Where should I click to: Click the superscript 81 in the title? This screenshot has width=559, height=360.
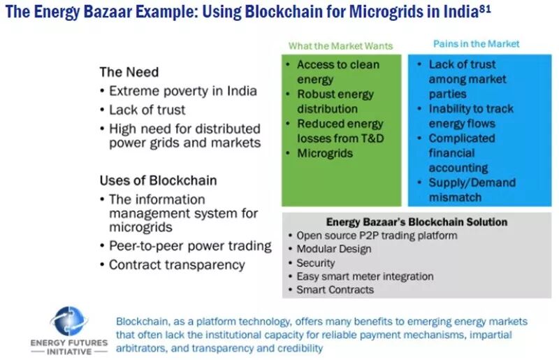pyautogui.click(x=485, y=8)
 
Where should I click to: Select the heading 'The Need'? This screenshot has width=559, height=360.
pyautogui.click(x=129, y=72)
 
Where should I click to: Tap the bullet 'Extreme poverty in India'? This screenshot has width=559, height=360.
pyautogui.click(x=183, y=91)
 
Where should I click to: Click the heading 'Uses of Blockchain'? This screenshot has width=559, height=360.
pyautogui.click(x=159, y=180)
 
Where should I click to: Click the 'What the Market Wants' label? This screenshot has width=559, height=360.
pyautogui.click(x=340, y=46)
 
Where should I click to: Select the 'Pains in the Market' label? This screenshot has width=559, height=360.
pyautogui.click(x=477, y=44)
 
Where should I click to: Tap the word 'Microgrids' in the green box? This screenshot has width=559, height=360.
pyautogui.click(x=325, y=153)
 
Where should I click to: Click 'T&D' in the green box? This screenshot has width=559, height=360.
pyautogui.click(x=371, y=138)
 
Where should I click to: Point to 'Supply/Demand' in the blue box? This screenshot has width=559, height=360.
pyautogui.click(x=472, y=182)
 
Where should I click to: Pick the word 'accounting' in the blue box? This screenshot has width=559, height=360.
pyautogui.click(x=458, y=168)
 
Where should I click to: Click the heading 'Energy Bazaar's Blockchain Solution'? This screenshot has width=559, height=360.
pyautogui.click(x=416, y=222)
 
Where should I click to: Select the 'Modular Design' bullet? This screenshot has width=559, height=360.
pyautogui.click(x=334, y=249)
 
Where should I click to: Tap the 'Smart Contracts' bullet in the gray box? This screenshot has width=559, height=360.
pyautogui.click(x=335, y=289)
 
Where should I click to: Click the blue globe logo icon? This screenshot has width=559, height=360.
pyautogui.click(x=69, y=321)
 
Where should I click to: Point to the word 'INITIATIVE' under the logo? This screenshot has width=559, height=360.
pyautogui.click(x=69, y=352)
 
